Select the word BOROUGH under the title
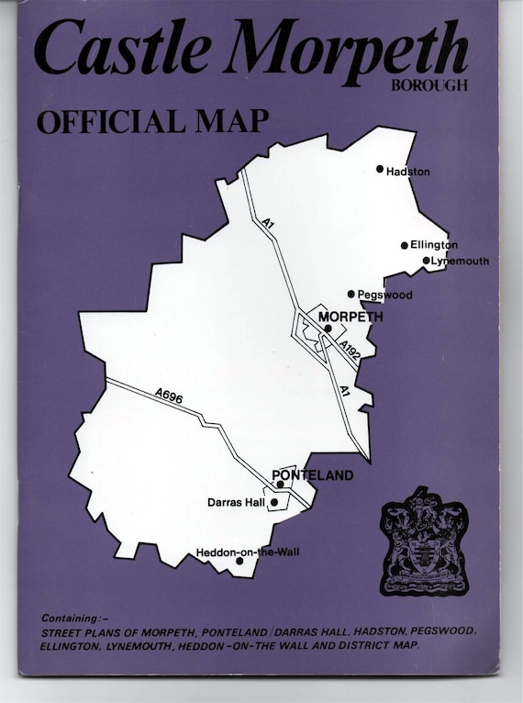428,87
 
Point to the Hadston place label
408,172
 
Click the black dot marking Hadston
380,169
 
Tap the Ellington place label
434,245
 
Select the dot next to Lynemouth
427,261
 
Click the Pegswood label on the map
385,295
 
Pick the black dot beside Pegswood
351,294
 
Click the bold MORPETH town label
349,317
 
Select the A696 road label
170,395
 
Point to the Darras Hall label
236,503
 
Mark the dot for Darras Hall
274,502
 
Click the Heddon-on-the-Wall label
248,552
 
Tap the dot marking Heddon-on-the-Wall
239,561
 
